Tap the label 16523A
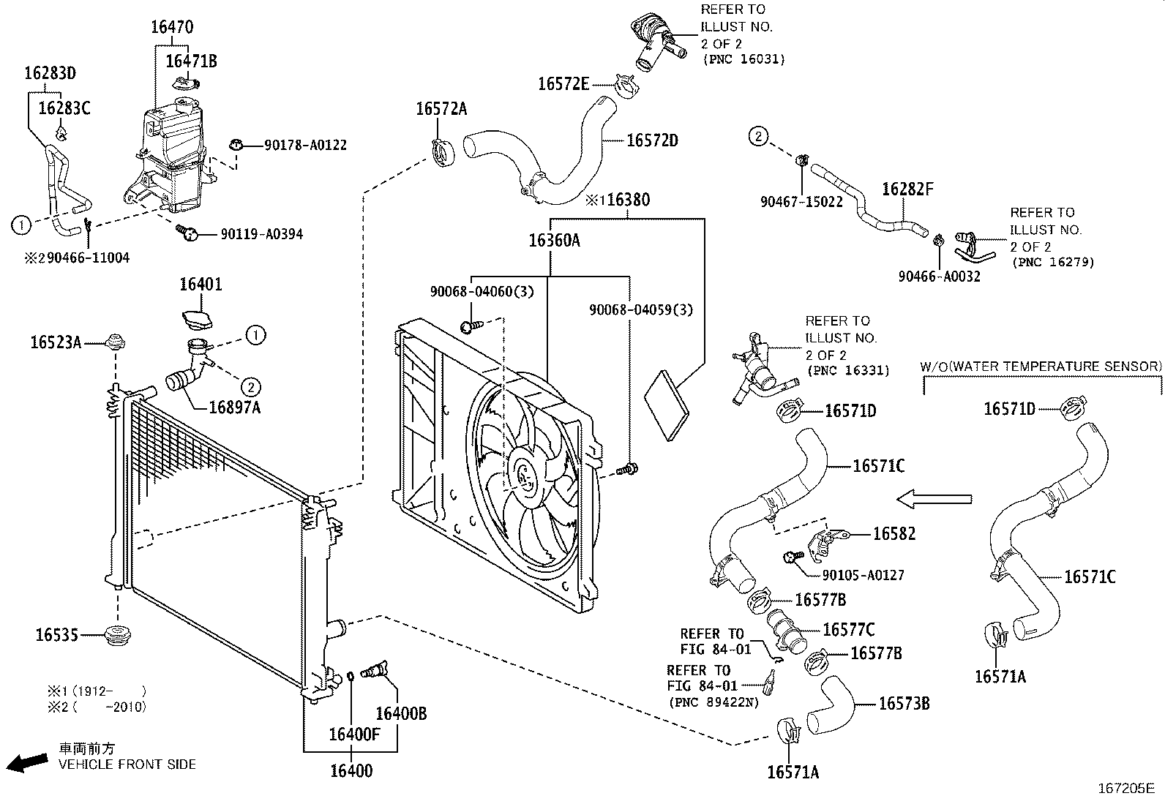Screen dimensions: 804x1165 pyautogui.click(x=56, y=342)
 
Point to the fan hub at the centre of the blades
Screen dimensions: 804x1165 pyautogui.click(x=524, y=476)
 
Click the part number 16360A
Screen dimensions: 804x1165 pyautogui.click(x=554, y=240)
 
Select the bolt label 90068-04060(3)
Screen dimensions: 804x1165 pyautogui.click(x=482, y=291)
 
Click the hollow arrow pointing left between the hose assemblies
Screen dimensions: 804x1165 pyautogui.click(x=934, y=500)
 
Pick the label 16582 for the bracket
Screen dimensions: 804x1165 pyautogui.click(x=894, y=534)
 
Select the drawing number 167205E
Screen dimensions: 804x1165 pyautogui.click(x=1125, y=789)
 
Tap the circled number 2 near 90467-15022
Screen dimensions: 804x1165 pyautogui.click(x=758, y=136)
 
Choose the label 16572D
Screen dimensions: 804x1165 pyautogui.click(x=652, y=140)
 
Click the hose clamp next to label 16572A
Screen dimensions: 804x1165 pyautogui.click(x=443, y=152)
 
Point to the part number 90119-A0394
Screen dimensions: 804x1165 pyautogui.click(x=261, y=235)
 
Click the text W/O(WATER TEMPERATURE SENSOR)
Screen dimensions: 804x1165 pyautogui.click(x=1040, y=367)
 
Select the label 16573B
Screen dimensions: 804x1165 pyautogui.click(x=903, y=704)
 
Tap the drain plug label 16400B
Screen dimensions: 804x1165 pyautogui.click(x=400, y=713)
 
